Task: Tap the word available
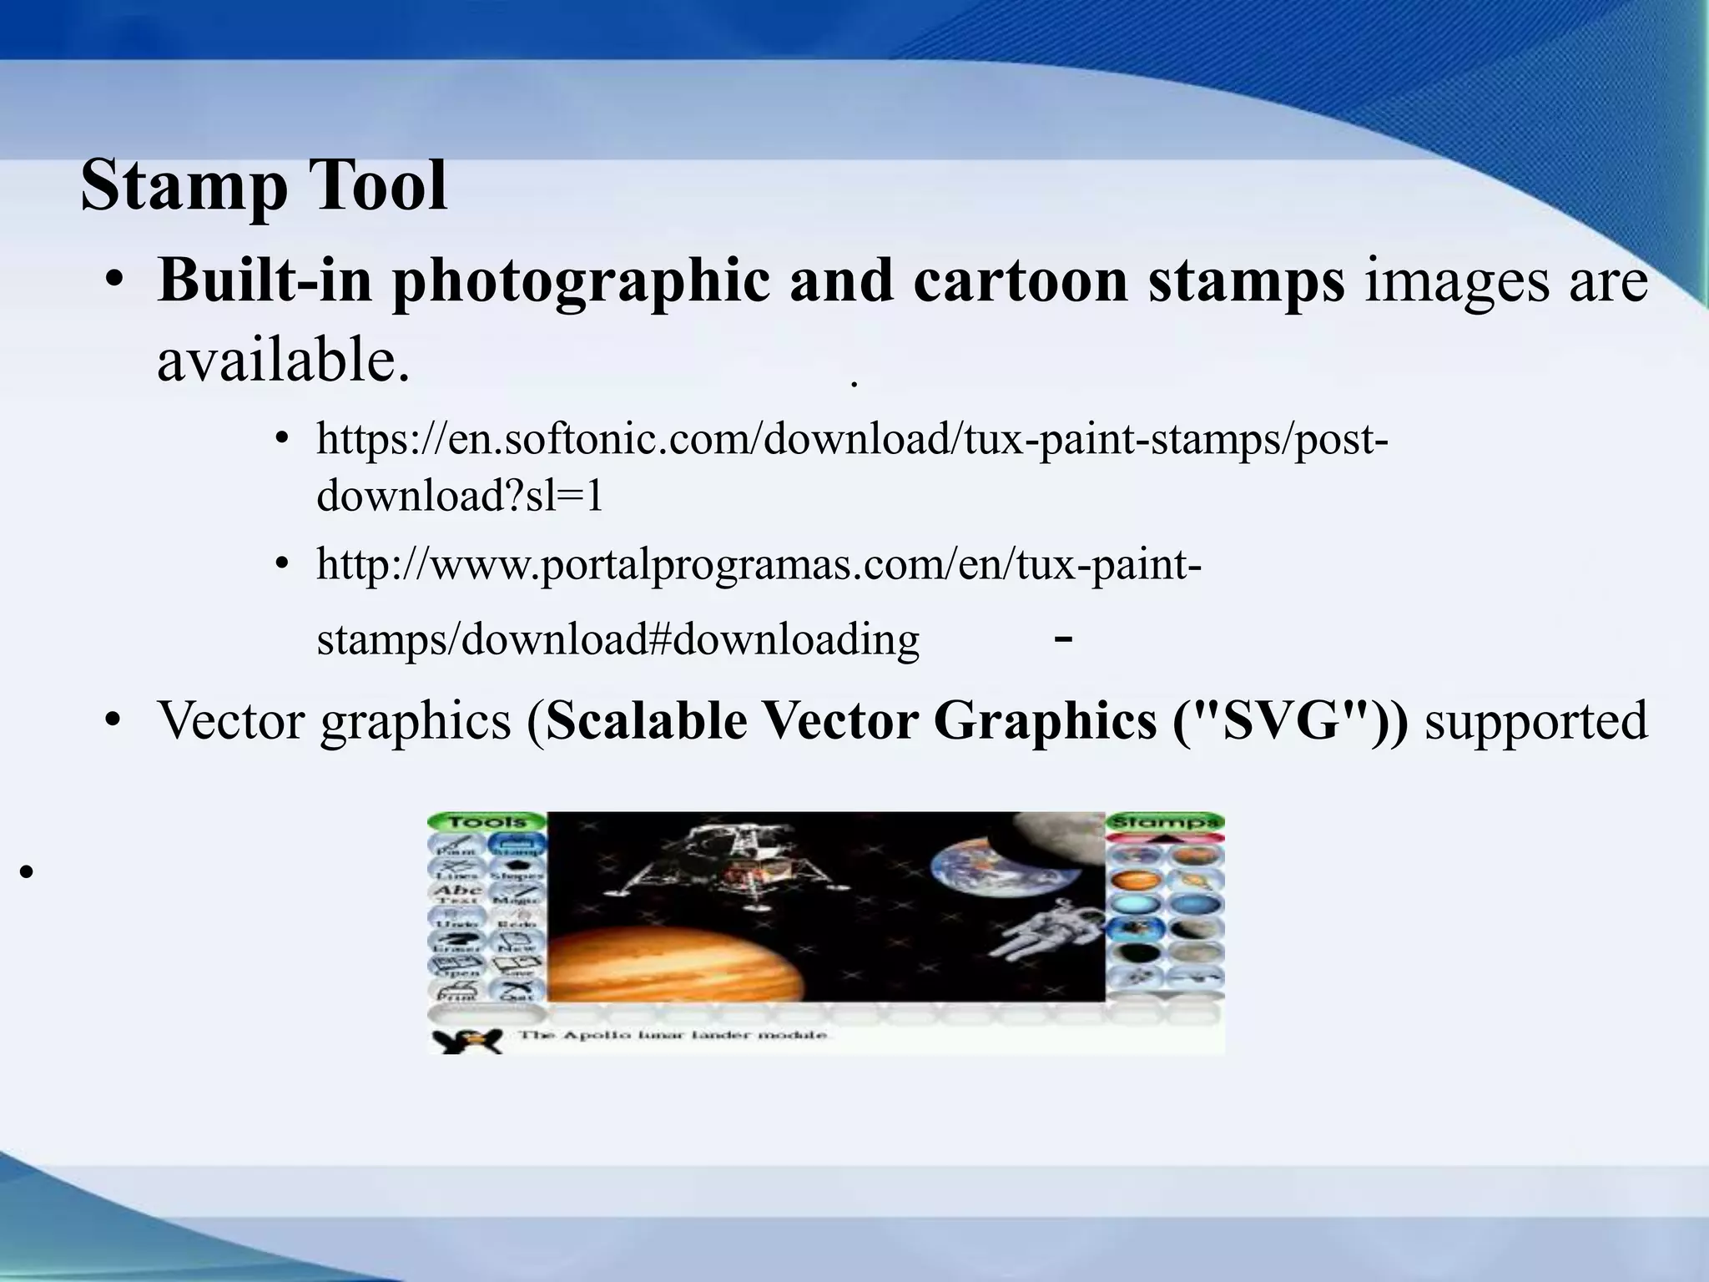[284, 361]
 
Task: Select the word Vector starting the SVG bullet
[230, 719]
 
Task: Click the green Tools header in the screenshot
[486, 822]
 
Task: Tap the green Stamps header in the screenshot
[1165, 822]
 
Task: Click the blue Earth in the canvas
[972, 872]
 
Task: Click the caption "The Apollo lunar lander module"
[673, 1035]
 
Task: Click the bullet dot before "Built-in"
[115, 282]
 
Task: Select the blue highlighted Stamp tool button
[517, 845]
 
